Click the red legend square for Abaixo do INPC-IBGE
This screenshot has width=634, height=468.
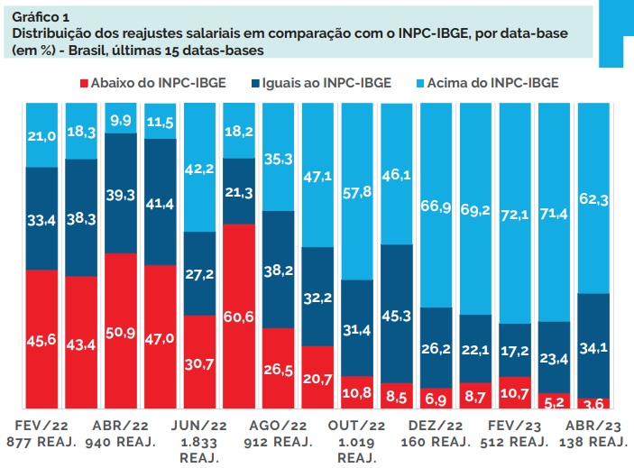point(85,83)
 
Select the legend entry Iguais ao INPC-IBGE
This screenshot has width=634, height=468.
point(338,83)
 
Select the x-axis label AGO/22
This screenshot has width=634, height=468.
point(280,426)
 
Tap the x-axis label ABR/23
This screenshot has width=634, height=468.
point(595,426)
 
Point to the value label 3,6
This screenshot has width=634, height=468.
point(595,403)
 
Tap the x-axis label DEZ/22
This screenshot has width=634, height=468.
point(438,426)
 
